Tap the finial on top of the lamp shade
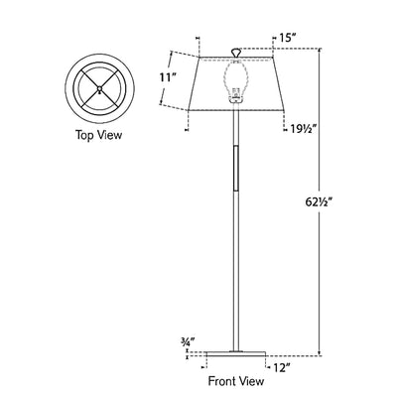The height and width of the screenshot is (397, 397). point(235,51)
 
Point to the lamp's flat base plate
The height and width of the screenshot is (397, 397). point(235,353)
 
